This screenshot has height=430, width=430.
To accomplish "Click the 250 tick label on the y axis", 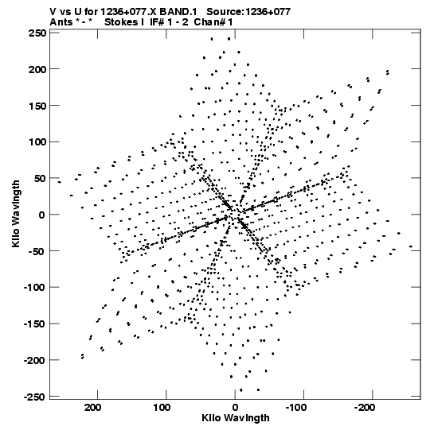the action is [37, 33].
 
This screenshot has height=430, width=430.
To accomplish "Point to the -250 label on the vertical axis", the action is [35, 397].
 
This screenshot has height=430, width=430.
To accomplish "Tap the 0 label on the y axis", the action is [42, 215].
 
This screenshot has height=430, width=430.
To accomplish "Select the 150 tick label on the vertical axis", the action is [37, 106].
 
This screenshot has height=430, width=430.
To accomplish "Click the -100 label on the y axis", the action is [35, 288].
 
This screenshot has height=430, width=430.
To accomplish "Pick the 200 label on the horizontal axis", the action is [93, 408].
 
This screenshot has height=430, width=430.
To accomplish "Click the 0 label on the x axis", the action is [235, 408].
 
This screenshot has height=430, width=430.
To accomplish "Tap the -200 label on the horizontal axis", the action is [364, 408].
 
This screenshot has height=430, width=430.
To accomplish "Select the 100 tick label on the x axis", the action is [162, 408].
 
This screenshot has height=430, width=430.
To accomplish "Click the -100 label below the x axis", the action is [295, 408].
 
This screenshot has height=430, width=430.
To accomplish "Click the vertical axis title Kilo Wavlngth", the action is [16, 214].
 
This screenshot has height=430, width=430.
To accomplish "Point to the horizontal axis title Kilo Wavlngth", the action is [236, 418].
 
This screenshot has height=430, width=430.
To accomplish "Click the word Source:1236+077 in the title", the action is [248, 12].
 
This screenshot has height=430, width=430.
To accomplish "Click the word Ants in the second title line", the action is [61, 22].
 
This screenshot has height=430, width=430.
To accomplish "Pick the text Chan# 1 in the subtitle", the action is [213, 22].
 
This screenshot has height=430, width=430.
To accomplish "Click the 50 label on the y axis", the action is [40, 179].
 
